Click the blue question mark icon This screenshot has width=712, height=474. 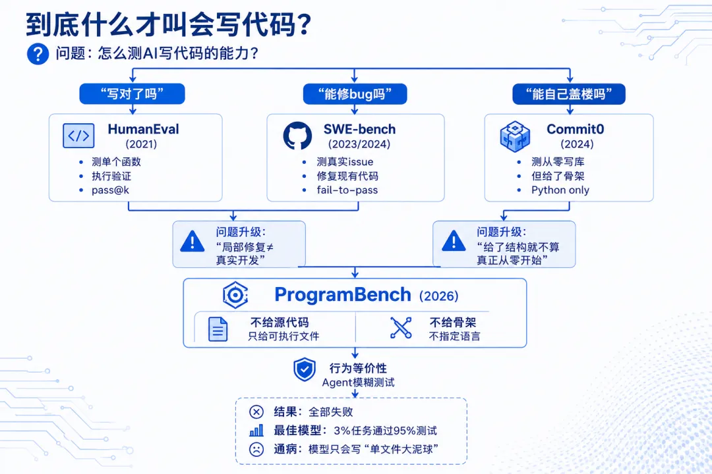(38, 54)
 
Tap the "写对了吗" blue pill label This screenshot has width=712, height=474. (132, 94)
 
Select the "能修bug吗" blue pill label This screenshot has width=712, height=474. (355, 94)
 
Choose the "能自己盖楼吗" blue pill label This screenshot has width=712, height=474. (569, 94)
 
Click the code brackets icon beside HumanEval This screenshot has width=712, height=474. (78, 136)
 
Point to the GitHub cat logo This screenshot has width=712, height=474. (297, 136)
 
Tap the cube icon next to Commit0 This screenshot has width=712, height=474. (515, 136)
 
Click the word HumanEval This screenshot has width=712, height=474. (144, 129)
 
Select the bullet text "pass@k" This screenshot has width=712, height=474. (110, 190)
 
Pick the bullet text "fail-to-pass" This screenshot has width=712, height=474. (347, 190)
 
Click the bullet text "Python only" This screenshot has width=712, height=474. (560, 190)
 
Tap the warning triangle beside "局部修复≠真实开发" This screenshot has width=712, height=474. (193, 242)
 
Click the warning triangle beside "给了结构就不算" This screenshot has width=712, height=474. (454, 241)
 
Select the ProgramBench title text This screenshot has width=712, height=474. (343, 295)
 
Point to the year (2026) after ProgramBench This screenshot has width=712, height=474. (438, 296)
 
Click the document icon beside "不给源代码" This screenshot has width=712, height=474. (218, 329)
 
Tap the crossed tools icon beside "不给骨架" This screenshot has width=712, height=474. (401, 328)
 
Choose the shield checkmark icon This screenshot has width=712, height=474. (304, 370)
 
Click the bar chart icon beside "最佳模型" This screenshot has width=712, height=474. (256, 431)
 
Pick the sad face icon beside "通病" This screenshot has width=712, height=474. (256, 449)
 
